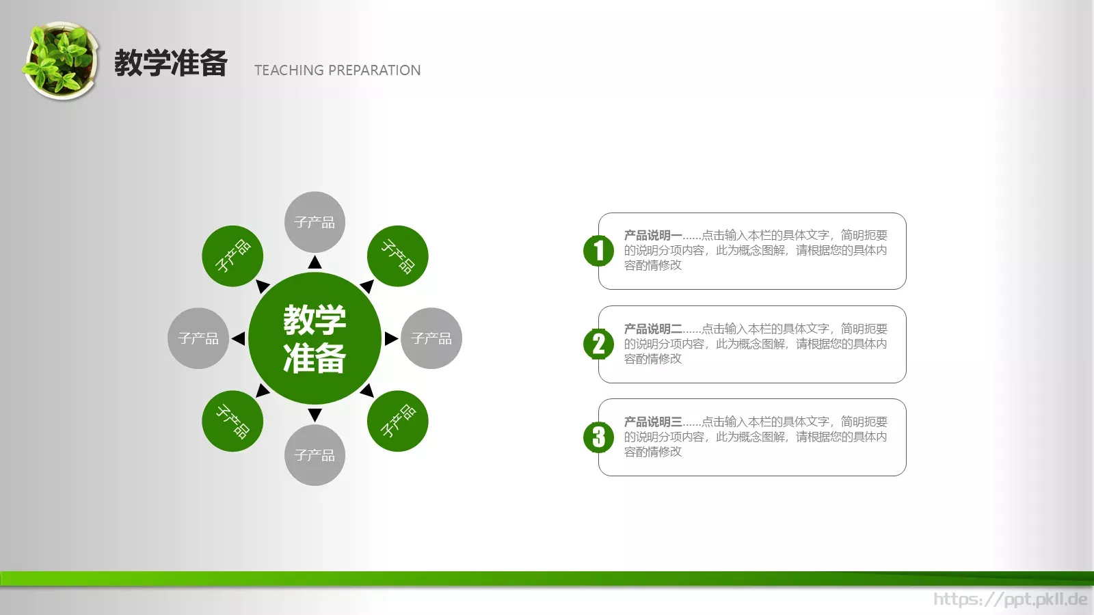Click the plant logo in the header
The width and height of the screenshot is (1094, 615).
59,61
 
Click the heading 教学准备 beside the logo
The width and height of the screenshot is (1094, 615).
171,64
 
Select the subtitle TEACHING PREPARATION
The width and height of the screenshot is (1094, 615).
337,70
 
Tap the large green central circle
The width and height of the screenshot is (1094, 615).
315,338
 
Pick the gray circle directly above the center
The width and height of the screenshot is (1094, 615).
315,222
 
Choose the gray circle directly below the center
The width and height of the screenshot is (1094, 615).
315,455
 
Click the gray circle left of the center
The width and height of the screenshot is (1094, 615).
198,338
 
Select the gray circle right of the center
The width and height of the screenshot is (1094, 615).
431,338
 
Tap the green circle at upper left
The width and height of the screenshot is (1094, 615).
232,256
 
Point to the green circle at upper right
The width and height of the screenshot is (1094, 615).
397,256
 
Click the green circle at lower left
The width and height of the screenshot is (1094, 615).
232,421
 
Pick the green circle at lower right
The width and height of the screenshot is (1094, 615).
397,421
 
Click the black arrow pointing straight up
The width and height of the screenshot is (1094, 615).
315,262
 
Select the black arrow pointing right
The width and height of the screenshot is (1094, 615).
391,338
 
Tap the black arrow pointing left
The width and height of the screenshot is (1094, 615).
238,338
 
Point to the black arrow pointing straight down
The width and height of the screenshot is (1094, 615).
315,415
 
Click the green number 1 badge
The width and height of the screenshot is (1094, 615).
598,250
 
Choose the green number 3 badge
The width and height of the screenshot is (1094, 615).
598,437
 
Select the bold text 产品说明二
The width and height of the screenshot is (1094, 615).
653,329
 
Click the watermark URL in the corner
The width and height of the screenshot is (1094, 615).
1010,599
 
